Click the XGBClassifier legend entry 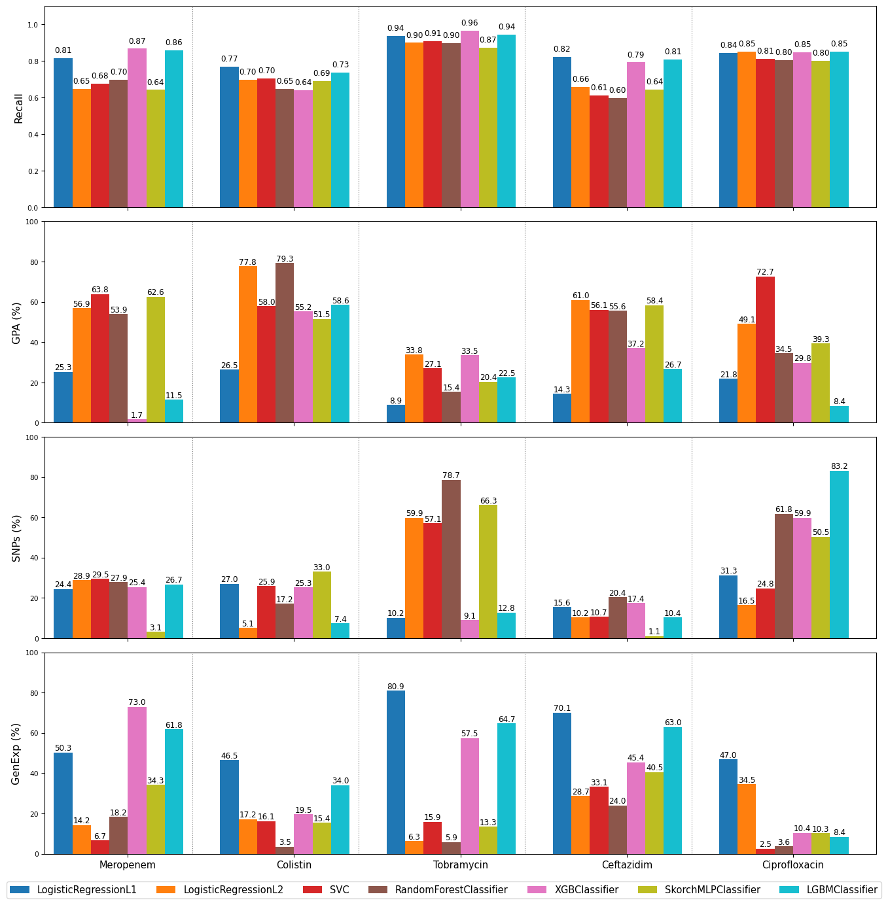586,889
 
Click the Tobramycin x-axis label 460,864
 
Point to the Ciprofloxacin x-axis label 792,864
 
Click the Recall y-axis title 18,108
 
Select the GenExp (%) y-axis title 16,753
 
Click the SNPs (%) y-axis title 16,538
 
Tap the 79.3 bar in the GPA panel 285,343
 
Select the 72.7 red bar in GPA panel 765,349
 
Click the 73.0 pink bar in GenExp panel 137,780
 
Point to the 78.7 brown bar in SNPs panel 451,559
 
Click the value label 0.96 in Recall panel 469,23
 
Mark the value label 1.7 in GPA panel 137,415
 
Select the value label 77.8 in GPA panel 247,262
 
